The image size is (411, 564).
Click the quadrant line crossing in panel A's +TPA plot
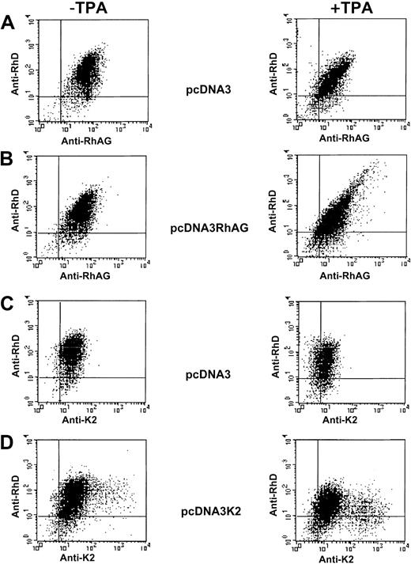[319, 97]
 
